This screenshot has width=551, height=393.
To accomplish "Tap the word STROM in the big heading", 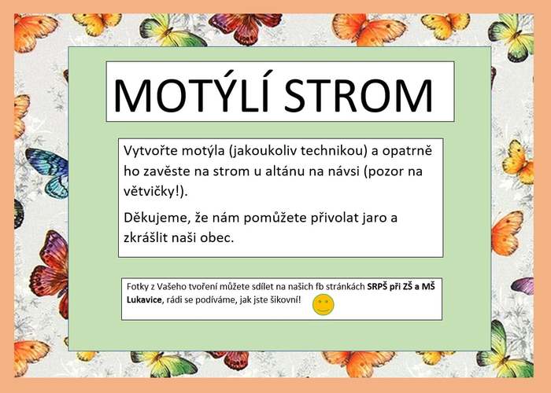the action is [358, 95].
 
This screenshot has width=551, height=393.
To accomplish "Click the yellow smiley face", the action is [324, 305].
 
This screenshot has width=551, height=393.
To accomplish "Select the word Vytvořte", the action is [151, 151].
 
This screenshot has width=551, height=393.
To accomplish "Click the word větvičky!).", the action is [156, 192].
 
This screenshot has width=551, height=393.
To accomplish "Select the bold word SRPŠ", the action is [376, 287].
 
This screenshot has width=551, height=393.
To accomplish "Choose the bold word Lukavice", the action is [144, 300].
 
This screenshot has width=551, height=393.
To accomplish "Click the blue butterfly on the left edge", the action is [47, 173].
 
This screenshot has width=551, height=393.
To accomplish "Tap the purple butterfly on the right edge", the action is [523, 285].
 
